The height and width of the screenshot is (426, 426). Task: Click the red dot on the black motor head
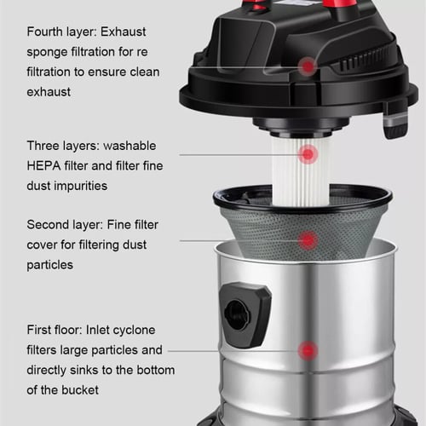[308, 66]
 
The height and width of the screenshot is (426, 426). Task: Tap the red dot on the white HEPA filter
[308, 154]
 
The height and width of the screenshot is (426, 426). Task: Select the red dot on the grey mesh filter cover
[308, 240]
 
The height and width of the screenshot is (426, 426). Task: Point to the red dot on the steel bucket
[308, 351]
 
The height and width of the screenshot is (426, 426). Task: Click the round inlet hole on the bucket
[237, 315]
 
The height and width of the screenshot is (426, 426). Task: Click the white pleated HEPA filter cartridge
[301, 171]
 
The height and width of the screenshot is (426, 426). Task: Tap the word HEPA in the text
[43, 165]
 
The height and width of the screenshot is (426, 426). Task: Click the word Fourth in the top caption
[44, 32]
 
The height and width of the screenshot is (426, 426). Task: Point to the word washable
[130, 146]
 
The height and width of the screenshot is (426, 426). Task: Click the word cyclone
[134, 331]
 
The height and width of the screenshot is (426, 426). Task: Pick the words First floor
[55, 330]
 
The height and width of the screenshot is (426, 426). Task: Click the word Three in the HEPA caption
[43, 146]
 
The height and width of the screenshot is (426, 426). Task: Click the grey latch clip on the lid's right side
[395, 124]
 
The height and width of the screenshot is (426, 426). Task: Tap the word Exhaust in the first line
[124, 32]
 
